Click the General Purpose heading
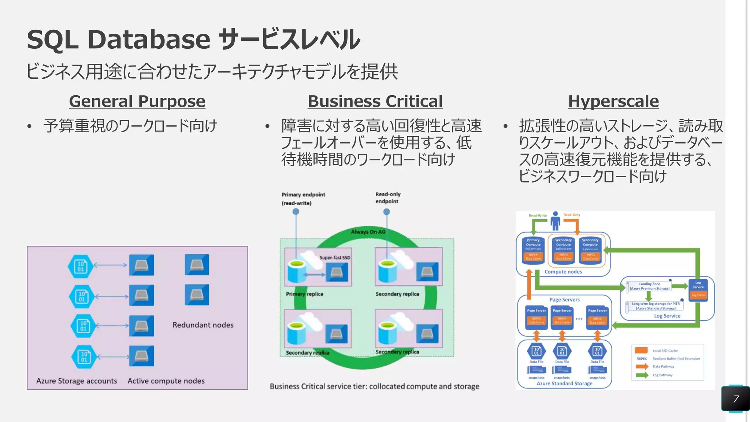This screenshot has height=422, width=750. click(137, 101)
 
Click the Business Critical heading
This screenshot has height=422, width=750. click(375, 101)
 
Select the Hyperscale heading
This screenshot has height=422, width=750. click(613, 101)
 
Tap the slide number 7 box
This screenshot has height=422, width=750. click(735, 399)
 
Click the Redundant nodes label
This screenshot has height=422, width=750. click(203, 325)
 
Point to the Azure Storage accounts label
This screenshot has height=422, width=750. click(77, 381)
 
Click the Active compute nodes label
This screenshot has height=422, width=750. click(166, 381)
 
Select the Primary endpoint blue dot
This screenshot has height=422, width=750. click(296, 212)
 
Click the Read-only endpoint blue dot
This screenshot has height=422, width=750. click(386, 212)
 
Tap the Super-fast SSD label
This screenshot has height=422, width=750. click(335, 258)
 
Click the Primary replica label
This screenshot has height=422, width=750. click(304, 294)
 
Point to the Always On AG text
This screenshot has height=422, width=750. click(368, 232)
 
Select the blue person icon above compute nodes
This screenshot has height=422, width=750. click(555, 221)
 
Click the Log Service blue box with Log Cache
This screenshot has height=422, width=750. click(698, 289)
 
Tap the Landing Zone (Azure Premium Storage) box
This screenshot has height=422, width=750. click(649, 286)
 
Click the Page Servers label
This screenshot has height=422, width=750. click(564, 300)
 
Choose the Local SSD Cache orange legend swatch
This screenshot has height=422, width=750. click(641, 351)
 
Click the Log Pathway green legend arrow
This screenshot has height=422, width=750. click(642, 375)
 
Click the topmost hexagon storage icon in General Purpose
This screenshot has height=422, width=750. click(81, 266)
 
